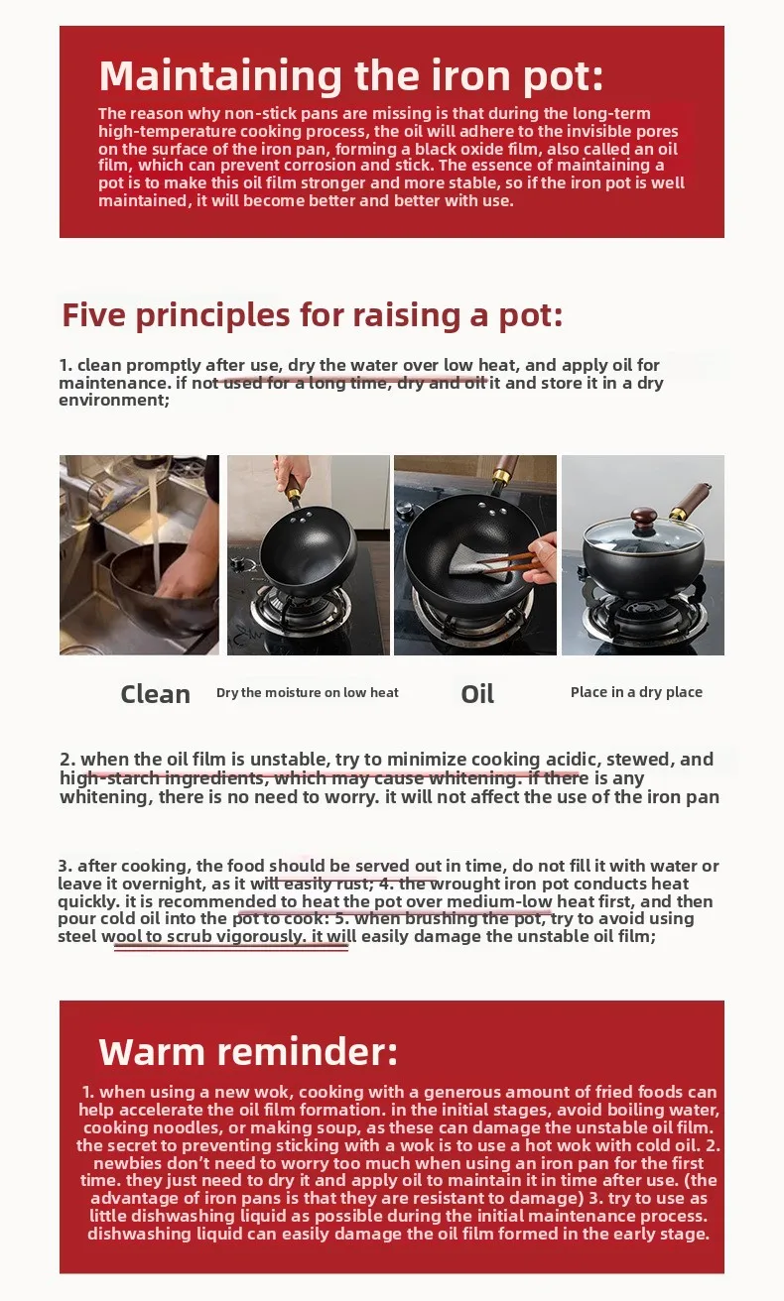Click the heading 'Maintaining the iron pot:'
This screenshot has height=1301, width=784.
pyautogui.click(x=350, y=76)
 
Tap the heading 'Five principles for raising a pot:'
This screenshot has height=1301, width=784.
pyautogui.click(x=312, y=314)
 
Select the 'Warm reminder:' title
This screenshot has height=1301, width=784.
pyautogui.click(x=248, y=1051)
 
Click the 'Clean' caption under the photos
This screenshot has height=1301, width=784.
pyautogui.click(x=155, y=694)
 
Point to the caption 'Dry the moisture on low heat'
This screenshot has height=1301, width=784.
pyautogui.click(x=308, y=692)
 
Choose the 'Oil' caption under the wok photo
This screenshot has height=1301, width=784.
pyautogui.click(x=477, y=694)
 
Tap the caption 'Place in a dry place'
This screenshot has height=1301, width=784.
pyautogui.click(x=636, y=692)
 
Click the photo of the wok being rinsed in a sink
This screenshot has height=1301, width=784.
pyautogui.click(x=139, y=554)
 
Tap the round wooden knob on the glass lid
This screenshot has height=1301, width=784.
pyautogui.click(x=645, y=518)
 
